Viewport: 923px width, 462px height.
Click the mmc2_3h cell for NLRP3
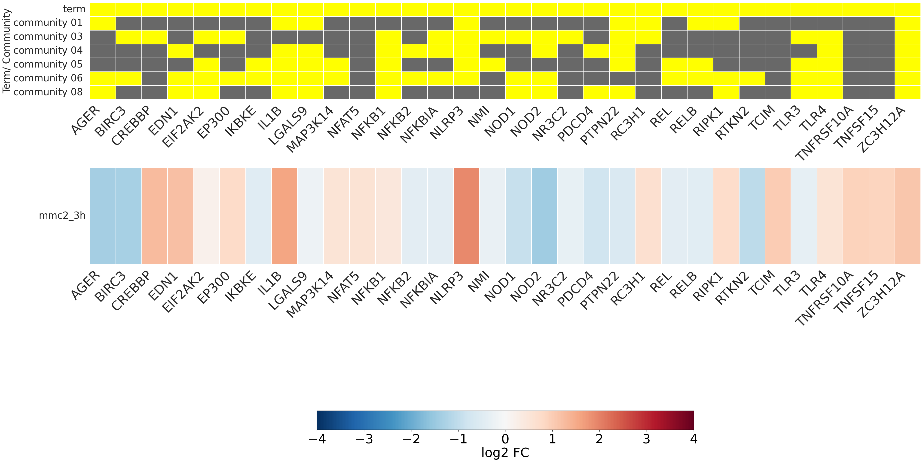(x=466, y=216)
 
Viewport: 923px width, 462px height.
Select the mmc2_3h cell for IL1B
(x=284, y=216)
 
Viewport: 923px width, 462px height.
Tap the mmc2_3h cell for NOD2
(x=544, y=216)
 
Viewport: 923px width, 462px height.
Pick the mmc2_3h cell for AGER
(x=103, y=216)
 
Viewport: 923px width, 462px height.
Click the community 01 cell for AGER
(x=103, y=23)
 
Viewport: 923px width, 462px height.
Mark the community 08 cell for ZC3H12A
(x=908, y=92)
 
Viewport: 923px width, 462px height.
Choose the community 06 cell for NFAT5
(x=362, y=78)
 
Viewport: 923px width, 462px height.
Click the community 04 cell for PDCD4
(x=596, y=51)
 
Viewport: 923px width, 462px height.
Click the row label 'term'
(x=74, y=9)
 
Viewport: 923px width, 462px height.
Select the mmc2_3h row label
(x=62, y=216)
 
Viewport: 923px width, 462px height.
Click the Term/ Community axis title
(x=6, y=51)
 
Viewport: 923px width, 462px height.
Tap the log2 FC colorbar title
(x=505, y=453)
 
